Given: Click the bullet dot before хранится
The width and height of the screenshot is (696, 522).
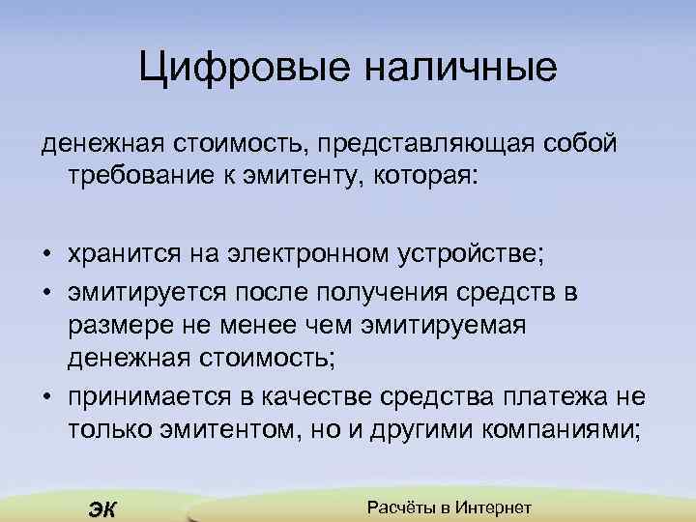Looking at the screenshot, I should pos(46,256).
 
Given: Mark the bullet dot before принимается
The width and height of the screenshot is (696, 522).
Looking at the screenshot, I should pos(46,399).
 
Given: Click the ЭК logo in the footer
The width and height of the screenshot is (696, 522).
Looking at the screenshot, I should pos(101,509).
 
